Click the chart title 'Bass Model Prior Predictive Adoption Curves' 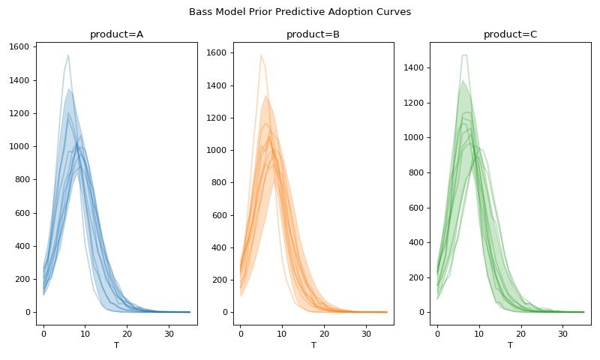tap(300, 12)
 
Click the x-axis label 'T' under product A tap(116, 346)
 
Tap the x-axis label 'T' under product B tap(313, 346)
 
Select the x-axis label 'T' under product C tap(510, 346)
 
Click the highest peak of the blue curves tap(68, 55)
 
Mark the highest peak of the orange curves tap(261, 55)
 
